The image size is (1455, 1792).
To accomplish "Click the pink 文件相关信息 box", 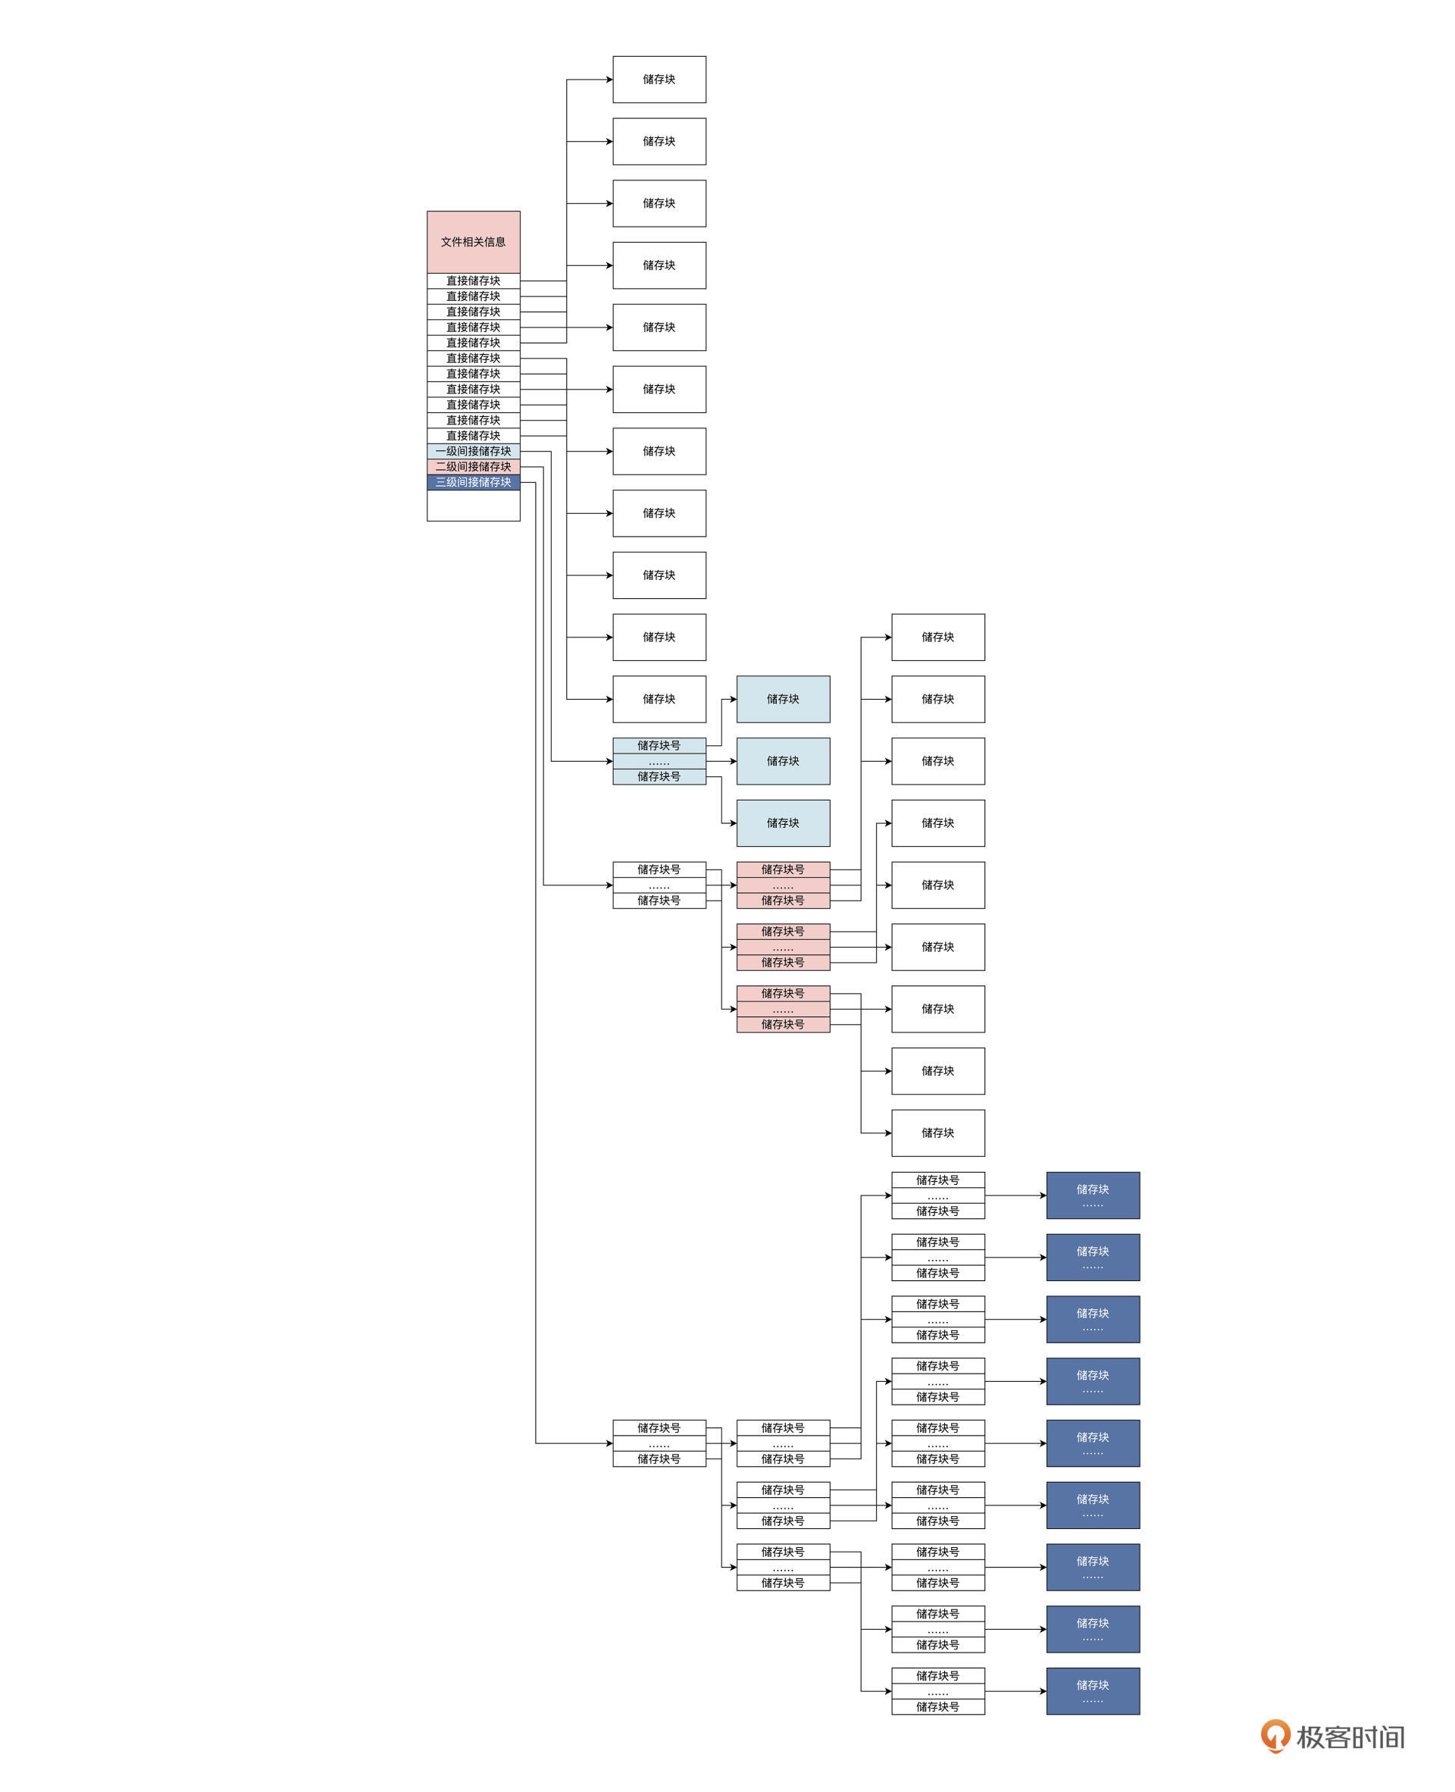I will click(473, 241).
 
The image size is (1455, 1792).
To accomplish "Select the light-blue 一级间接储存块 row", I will click(473, 451).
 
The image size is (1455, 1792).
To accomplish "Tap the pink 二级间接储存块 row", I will click(473, 467).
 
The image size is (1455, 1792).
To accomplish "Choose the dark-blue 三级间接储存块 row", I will click(473, 482).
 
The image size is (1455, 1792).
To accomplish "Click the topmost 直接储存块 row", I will click(473, 280).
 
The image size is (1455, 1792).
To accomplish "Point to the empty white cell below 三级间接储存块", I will click(473, 506).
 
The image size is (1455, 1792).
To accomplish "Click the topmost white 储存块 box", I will click(659, 80).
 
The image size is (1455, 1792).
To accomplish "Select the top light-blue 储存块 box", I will click(783, 699).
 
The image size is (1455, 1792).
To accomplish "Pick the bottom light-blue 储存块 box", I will click(783, 823).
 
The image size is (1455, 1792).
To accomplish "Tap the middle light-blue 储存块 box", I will click(783, 761).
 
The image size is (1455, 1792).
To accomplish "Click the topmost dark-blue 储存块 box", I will click(1092, 1195).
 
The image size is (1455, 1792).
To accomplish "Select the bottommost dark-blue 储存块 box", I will click(1092, 1691).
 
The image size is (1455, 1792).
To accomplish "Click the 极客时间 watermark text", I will click(1350, 1737).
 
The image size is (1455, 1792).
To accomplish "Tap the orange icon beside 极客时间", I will click(1275, 1736).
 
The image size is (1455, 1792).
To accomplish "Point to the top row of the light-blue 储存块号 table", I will click(659, 745).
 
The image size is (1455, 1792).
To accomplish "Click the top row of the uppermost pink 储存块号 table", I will click(783, 869).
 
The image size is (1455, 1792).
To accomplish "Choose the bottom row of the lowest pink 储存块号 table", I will click(783, 1024).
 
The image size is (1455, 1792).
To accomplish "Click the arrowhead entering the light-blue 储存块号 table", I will click(609, 761).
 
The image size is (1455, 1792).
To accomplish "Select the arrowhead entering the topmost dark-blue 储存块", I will click(1043, 1195).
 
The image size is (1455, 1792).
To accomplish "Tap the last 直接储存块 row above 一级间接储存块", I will click(473, 436).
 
